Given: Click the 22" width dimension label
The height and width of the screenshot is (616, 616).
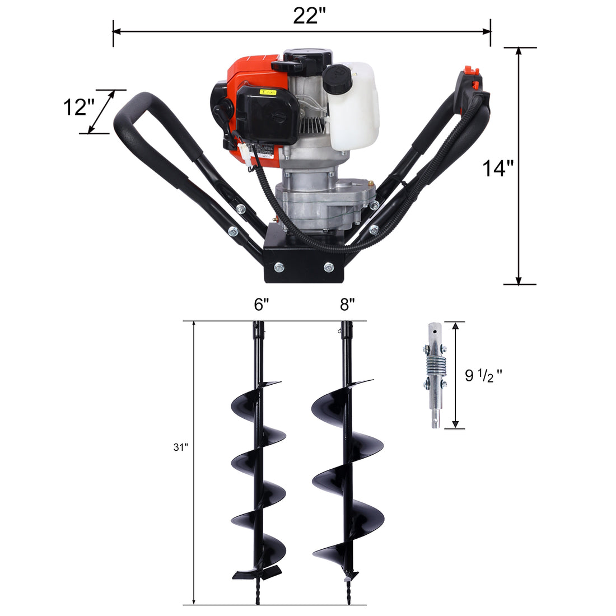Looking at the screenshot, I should pyautogui.click(x=309, y=16).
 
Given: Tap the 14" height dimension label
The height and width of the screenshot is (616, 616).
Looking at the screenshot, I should pyautogui.click(x=498, y=168).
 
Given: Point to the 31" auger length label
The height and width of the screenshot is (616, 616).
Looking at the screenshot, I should pyautogui.click(x=181, y=447).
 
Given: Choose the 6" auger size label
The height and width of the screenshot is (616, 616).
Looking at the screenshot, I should pyautogui.click(x=262, y=305).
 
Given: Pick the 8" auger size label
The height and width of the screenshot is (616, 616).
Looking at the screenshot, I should pyautogui.click(x=347, y=305).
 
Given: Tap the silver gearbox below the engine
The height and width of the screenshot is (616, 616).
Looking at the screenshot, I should pyautogui.click(x=325, y=202).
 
